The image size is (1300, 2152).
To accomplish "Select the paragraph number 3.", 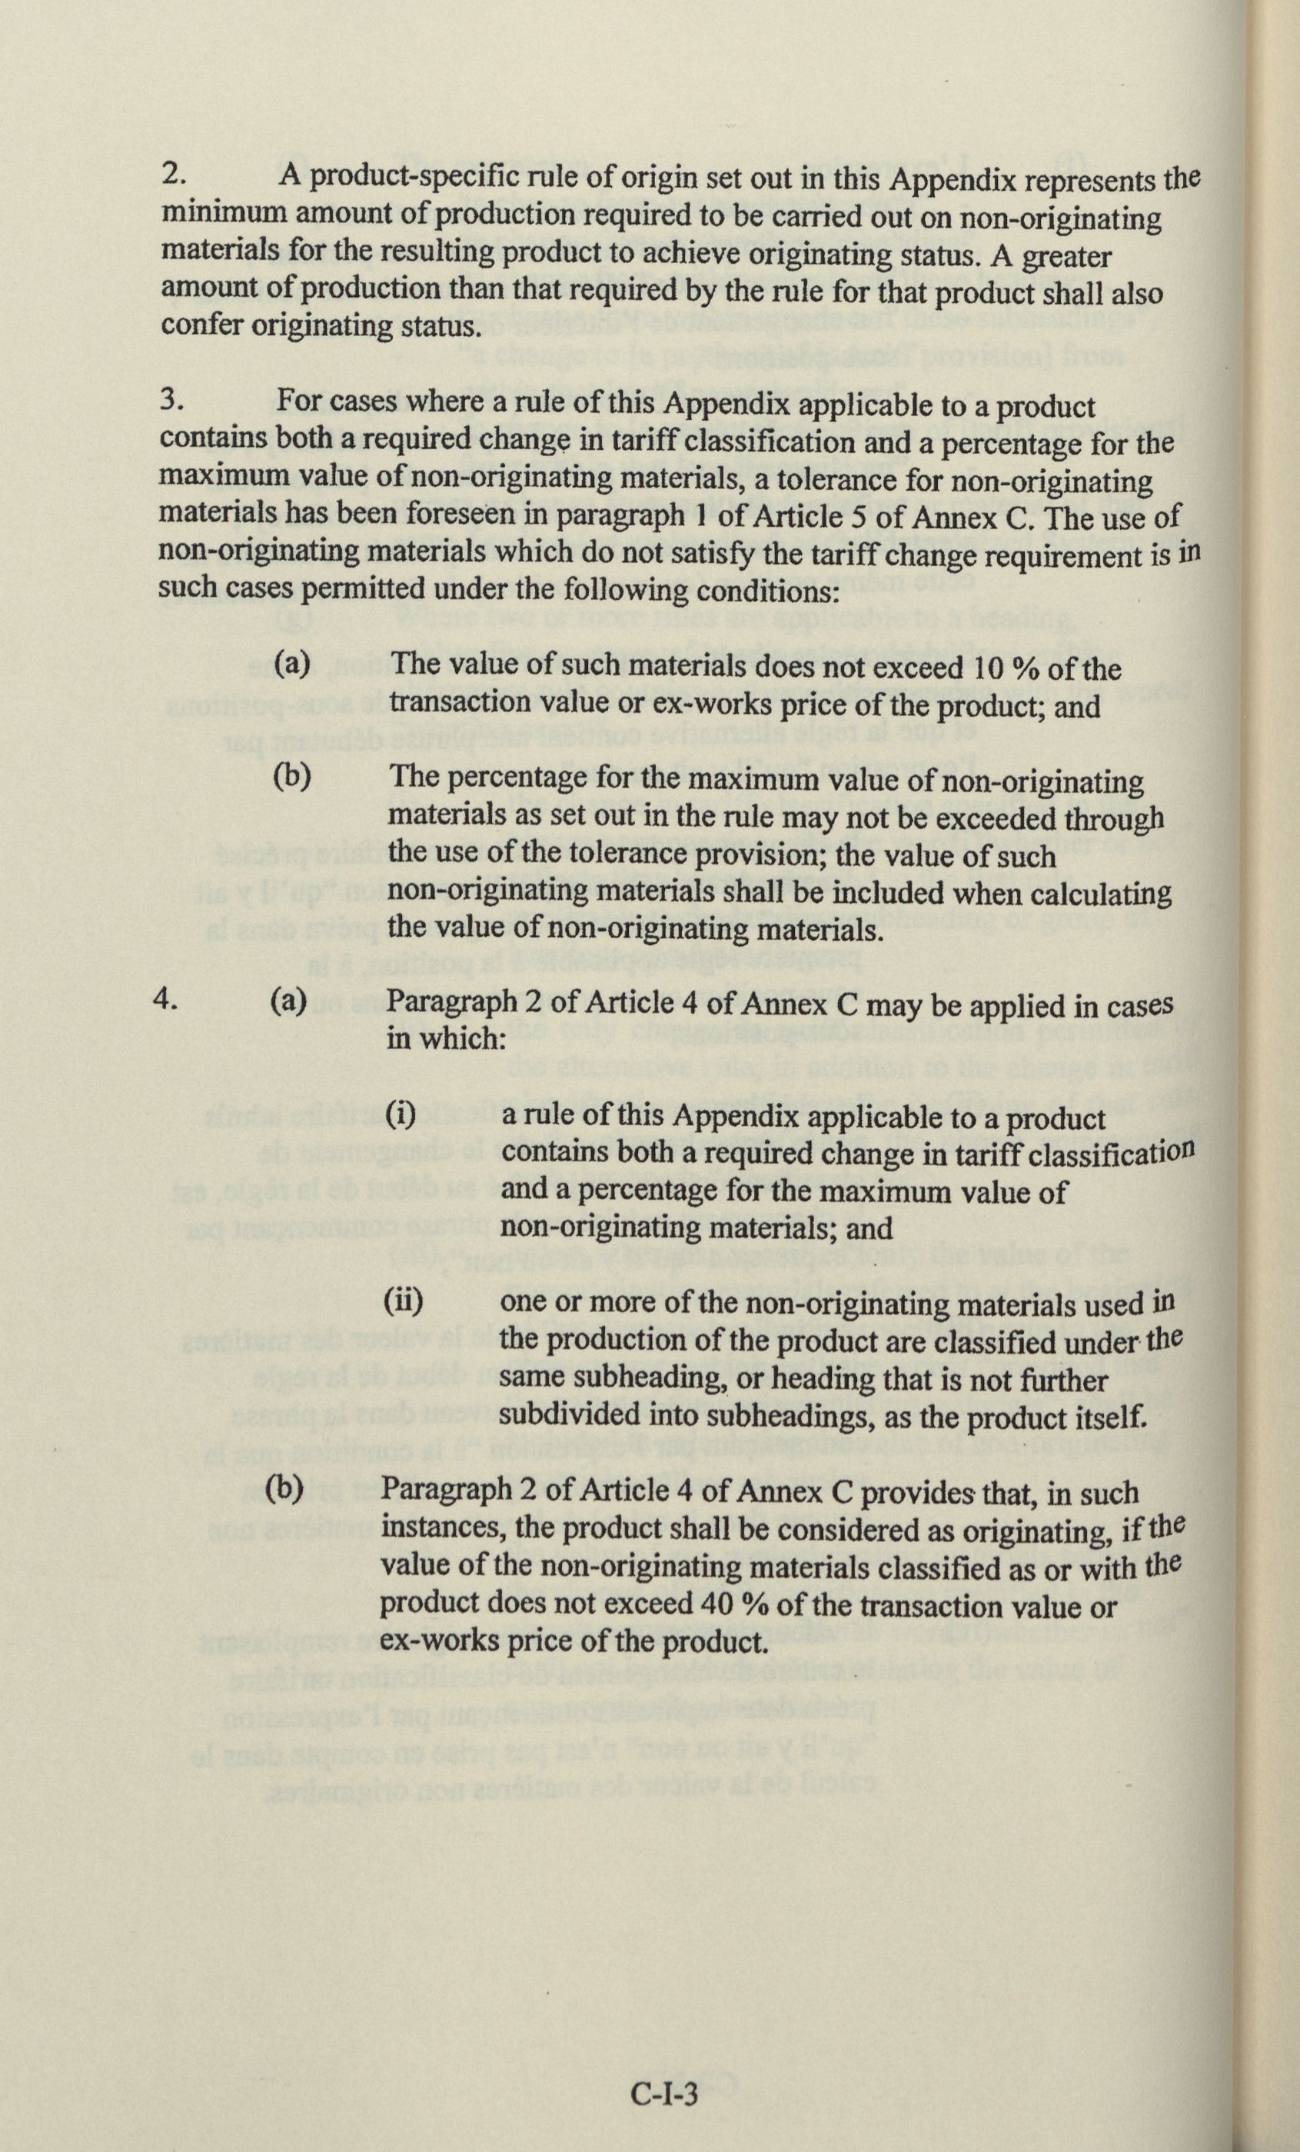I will [171, 400].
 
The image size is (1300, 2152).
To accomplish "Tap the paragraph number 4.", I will [166, 999].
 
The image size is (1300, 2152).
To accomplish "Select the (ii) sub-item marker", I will [404, 1302].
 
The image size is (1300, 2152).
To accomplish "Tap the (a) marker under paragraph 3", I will [292, 665].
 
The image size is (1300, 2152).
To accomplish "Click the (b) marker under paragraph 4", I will [284, 1490].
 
